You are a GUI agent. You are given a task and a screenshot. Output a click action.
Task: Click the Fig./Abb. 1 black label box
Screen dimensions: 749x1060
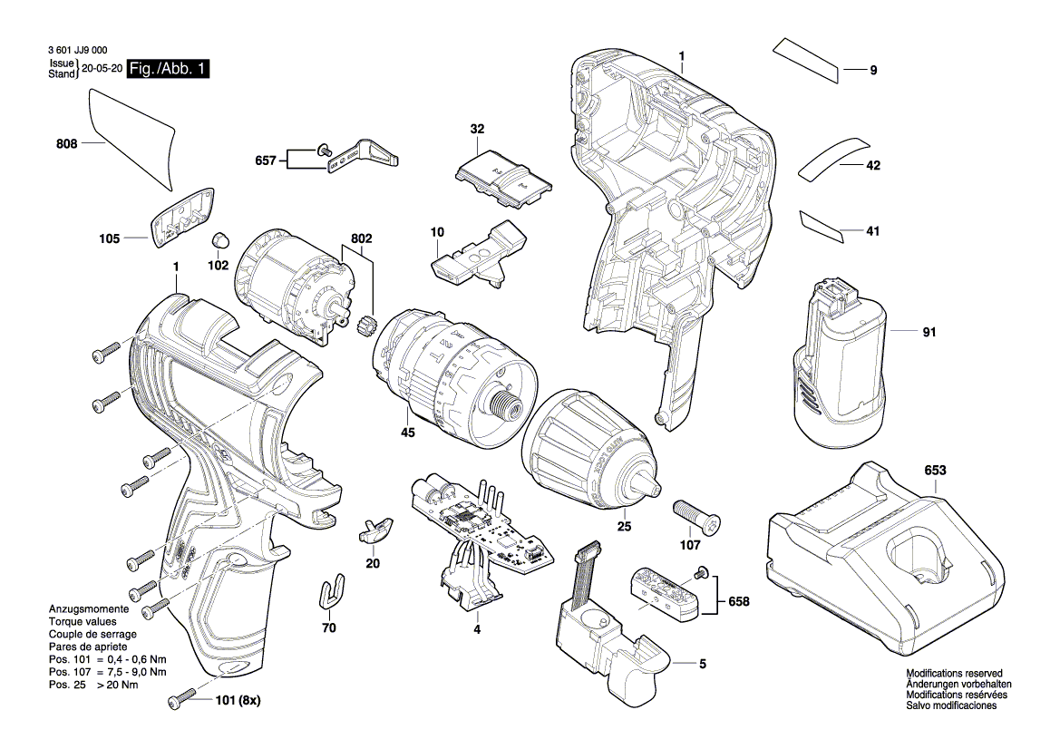tap(168, 69)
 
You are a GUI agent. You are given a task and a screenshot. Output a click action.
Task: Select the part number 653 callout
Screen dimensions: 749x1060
tap(935, 471)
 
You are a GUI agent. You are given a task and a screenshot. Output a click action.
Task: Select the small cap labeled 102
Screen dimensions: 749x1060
tap(219, 241)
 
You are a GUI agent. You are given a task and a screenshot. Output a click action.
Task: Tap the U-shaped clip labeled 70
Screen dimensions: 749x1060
tap(334, 592)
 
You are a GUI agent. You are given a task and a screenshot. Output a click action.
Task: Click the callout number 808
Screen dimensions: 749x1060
tap(65, 143)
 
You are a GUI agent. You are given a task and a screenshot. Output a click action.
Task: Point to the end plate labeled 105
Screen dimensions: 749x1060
tap(183, 218)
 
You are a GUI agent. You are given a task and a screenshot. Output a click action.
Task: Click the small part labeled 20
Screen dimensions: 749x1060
tap(374, 530)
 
